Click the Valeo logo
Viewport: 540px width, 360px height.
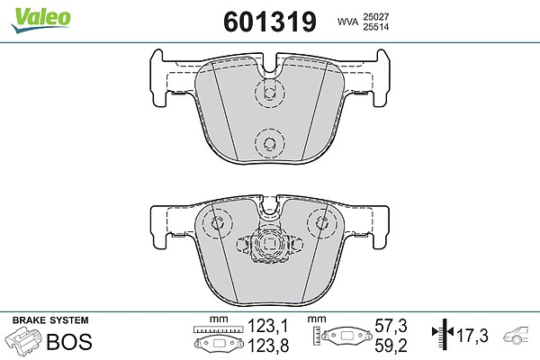pyautogui.click(x=40, y=19)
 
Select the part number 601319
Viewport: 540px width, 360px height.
pyautogui.click(x=270, y=22)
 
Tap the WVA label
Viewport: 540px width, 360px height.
pyautogui.click(x=347, y=22)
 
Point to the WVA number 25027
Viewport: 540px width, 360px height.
pyautogui.click(x=375, y=17)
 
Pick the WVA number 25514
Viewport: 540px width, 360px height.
pyautogui.click(x=375, y=27)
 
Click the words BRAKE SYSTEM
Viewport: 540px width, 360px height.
pyautogui.click(x=50, y=320)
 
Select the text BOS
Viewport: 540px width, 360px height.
pyautogui.click(x=69, y=342)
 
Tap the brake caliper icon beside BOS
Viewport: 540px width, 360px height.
pyautogui.click(x=23, y=340)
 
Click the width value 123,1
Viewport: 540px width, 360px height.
pyautogui.click(x=268, y=326)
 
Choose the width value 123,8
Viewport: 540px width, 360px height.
pyautogui.click(x=268, y=346)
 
